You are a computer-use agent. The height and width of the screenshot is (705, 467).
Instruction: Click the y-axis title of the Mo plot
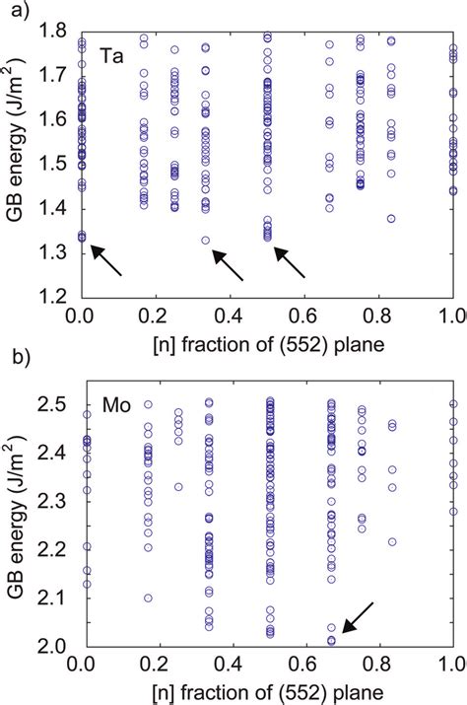(x=21, y=523)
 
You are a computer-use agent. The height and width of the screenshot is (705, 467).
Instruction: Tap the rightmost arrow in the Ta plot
(x=290, y=262)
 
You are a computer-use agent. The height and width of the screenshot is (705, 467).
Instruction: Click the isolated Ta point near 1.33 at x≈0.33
(x=205, y=240)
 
